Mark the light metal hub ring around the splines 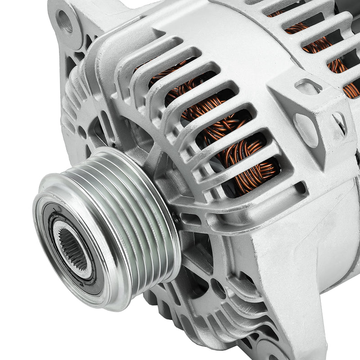(x=63, y=234)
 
